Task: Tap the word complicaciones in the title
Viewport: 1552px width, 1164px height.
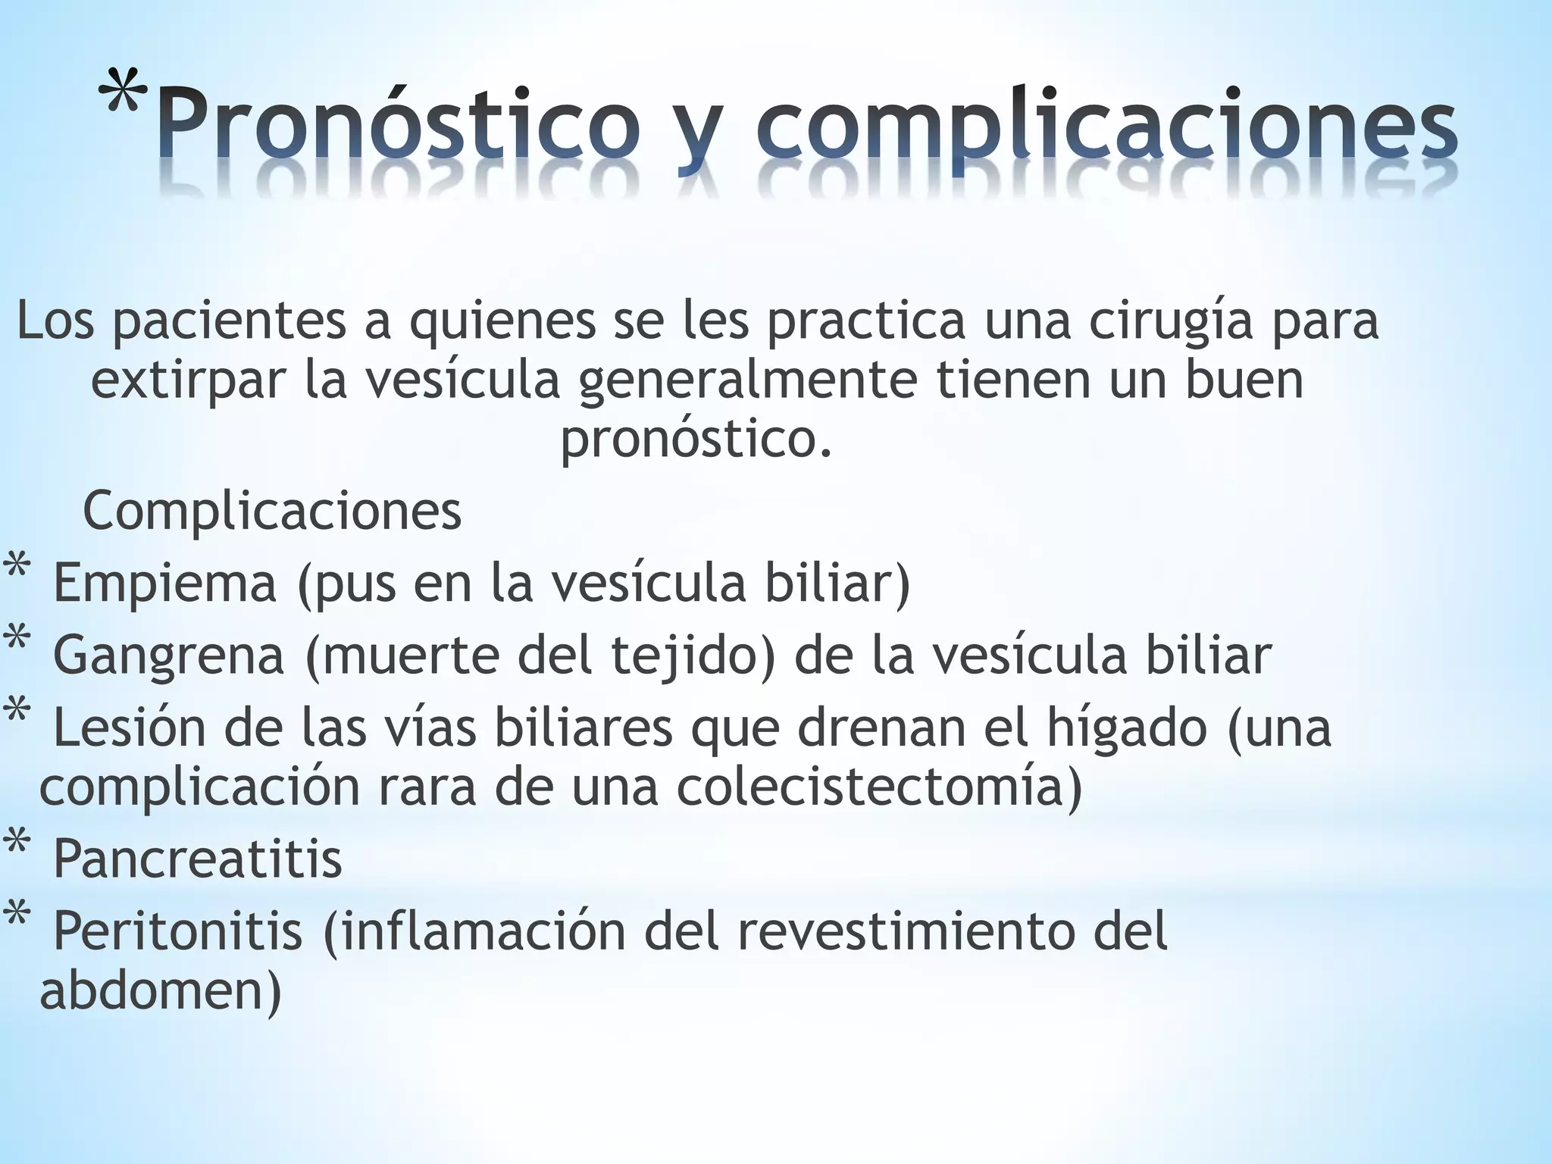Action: [x=1106, y=125]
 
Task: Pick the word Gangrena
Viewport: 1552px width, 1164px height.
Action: [x=168, y=656]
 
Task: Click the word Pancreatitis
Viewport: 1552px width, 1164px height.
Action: [x=197, y=859]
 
